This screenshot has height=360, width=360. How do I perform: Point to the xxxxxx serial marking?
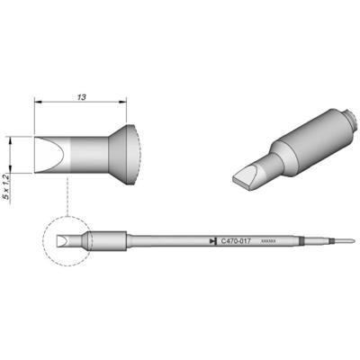pos(268,241)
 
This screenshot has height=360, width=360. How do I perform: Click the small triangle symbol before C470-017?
pos(211,241)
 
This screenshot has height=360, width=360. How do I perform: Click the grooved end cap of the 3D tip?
pos(340,116)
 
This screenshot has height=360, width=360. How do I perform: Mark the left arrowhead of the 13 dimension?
pos(38,102)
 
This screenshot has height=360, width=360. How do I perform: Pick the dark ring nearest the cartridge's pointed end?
pos(323,241)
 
